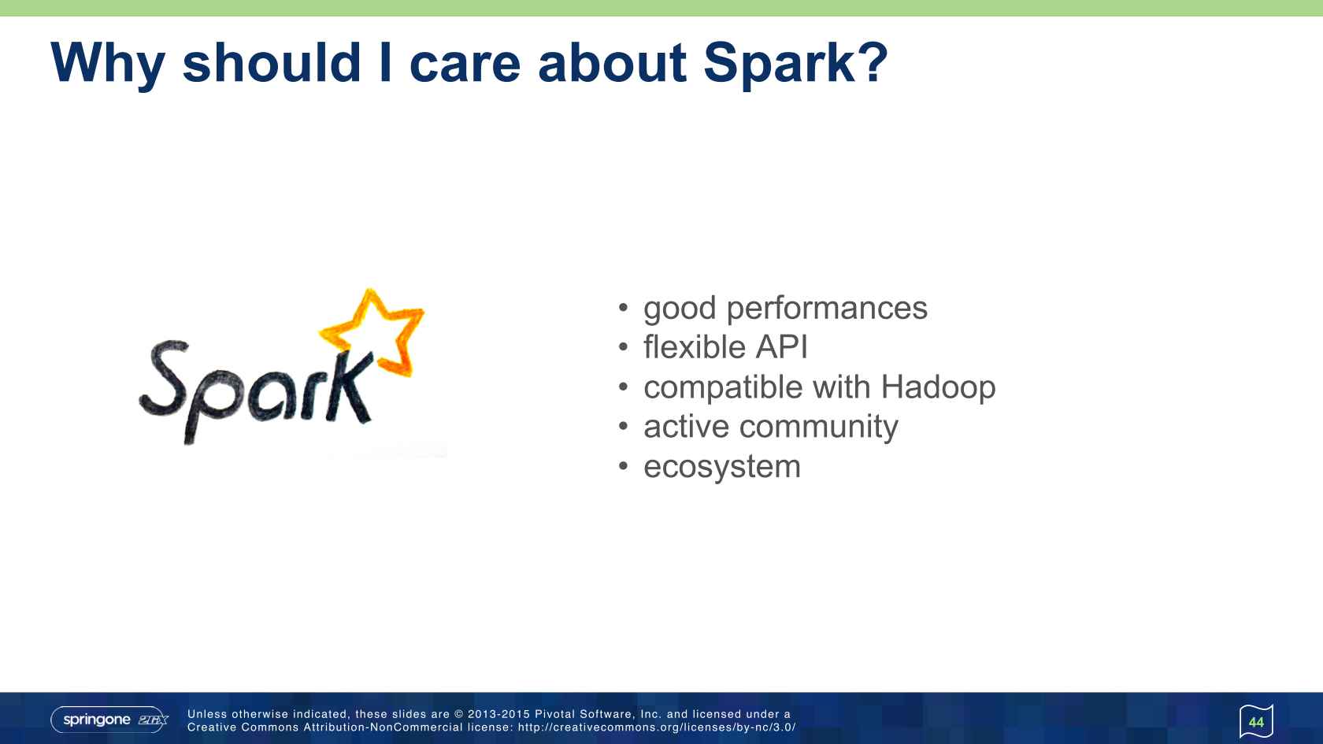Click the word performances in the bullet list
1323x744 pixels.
tap(827, 309)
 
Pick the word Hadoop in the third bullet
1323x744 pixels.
tap(938, 387)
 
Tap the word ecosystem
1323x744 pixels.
tap(722, 467)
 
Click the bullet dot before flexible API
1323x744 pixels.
tap(624, 347)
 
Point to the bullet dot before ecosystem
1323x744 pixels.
tap(624, 466)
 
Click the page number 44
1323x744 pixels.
tap(1255, 722)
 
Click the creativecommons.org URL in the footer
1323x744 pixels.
tap(657, 727)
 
